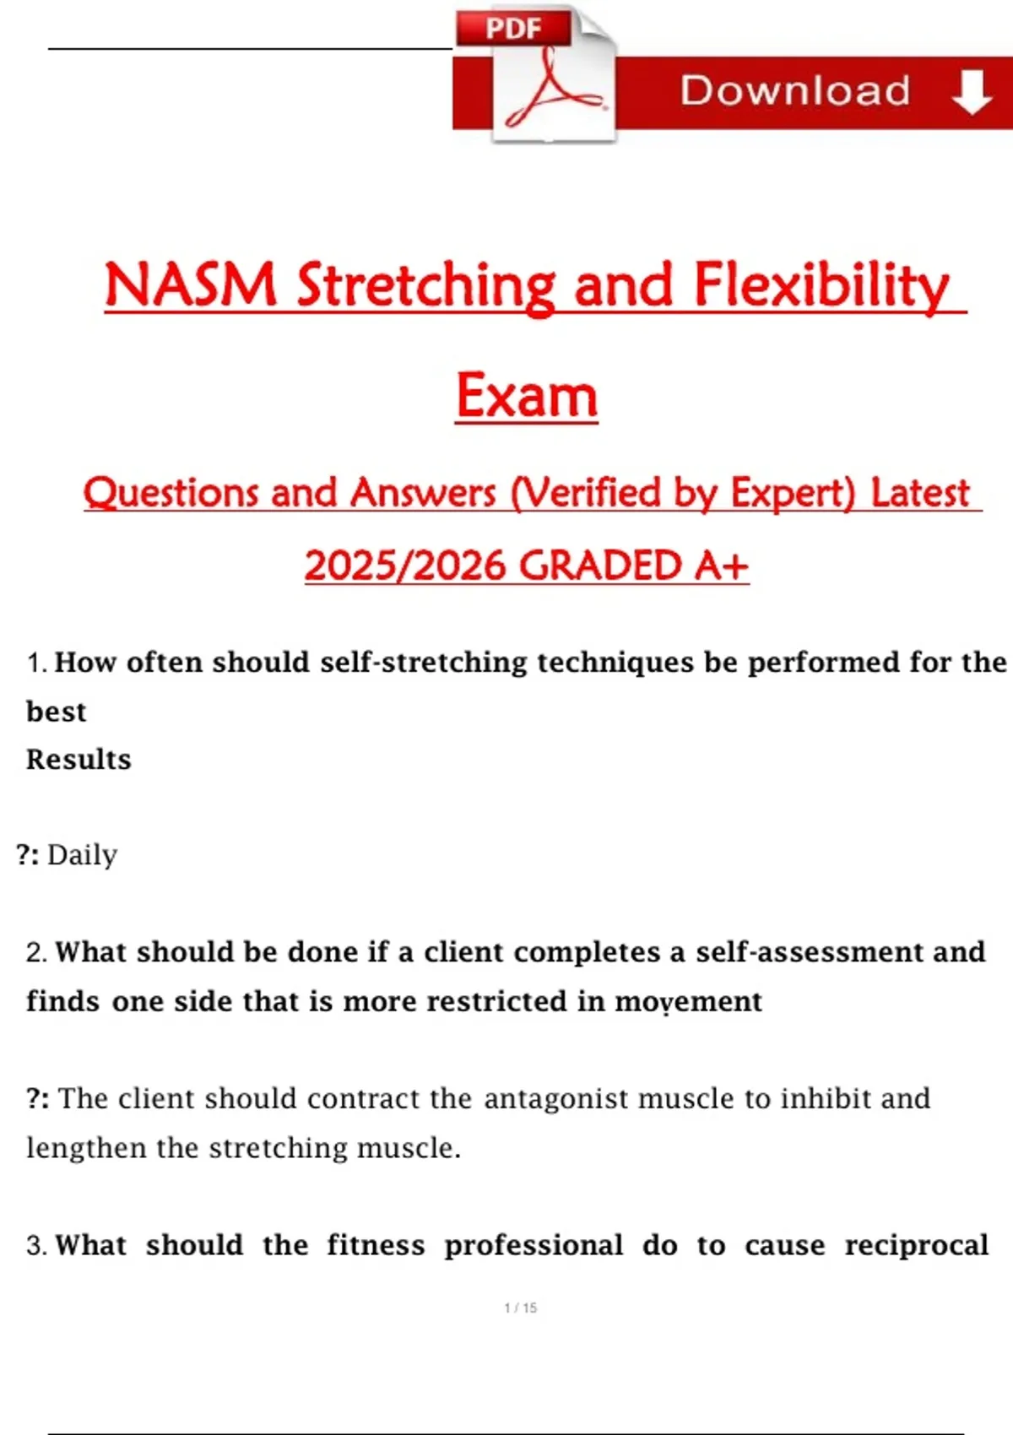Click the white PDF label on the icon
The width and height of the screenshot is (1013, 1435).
[x=513, y=29]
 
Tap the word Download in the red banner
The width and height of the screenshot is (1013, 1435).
[x=794, y=90]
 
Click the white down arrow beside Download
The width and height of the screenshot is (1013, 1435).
[x=972, y=92]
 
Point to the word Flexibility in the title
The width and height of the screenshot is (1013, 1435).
[x=821, y=287]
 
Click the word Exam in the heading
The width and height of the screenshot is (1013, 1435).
[x=527, y=395]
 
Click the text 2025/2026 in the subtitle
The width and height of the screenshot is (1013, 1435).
[x=405, y=566]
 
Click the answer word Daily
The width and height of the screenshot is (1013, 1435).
[x=82, y=855]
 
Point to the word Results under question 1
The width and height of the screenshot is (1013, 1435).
[x=79, y=760]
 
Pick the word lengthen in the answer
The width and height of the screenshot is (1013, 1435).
[x=86, y=1148]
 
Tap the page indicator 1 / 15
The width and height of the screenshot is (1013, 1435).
[x=520, y=1308]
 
